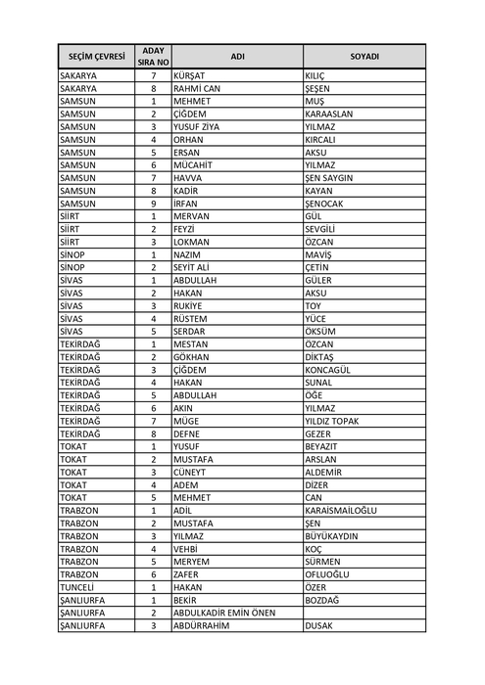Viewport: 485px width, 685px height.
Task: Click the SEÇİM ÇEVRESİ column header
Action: tap(95, 57)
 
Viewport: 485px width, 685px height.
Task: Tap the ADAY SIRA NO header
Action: tap(153, 57)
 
